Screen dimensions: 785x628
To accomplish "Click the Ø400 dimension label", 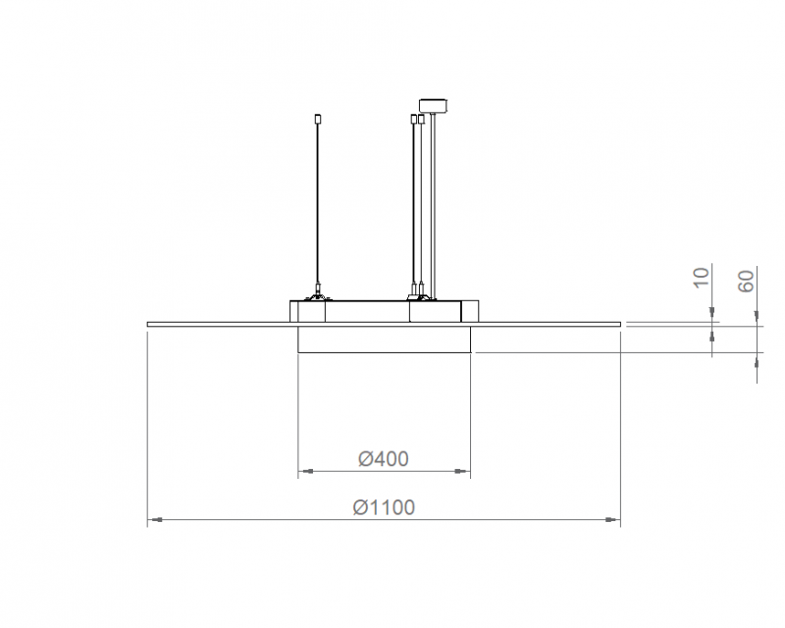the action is click(384, 458).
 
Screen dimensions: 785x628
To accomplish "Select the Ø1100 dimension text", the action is click(384, 507).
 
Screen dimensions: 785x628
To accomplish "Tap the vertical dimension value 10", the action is click(702, 278).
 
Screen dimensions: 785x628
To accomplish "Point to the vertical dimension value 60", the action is click(746, 281).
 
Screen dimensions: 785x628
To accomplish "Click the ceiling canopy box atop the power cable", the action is click(434, 105).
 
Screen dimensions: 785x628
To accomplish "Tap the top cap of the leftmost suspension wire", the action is click(317, 119).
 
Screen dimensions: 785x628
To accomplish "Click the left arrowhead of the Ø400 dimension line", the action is click(306, 471).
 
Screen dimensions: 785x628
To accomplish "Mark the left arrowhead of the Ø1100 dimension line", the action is click(155, 520).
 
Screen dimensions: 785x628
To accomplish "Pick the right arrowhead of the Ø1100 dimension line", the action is click(612, 520).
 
